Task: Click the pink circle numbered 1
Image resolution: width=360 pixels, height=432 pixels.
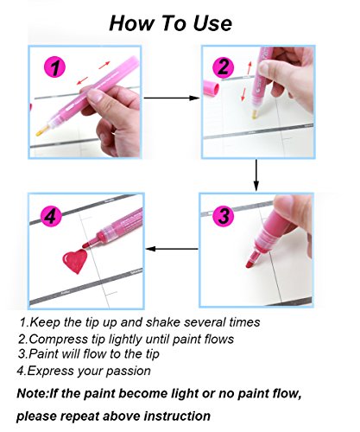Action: coord(54,67)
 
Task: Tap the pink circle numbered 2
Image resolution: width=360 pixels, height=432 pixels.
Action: coord(223,67)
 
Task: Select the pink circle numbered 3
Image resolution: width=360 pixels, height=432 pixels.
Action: coord(224,216)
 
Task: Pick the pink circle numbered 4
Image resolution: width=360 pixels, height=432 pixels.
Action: coord(51,216)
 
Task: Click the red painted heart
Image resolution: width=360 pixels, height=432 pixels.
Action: coord(75,261)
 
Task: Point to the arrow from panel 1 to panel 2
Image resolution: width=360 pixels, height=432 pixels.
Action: coord(172,98)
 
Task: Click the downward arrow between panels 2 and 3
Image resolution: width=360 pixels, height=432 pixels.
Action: coord(256,175)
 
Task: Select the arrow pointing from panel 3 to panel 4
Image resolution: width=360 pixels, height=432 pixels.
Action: coord(172,249)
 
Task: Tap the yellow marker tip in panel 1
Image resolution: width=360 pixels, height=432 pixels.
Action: coord(42,131)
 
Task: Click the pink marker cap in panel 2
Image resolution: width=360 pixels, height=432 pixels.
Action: coord(211,88)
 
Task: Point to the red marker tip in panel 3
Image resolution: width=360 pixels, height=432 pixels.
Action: coord(251,261)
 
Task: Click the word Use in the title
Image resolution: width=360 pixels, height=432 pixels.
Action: coord(212,23)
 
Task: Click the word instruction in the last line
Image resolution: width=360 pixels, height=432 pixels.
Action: coord(177,416)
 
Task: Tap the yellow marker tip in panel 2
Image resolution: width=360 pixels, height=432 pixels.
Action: coord(255,114)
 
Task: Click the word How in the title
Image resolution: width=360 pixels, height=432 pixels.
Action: coord(131,23)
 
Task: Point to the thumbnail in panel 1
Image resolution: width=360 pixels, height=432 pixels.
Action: coord(95,95)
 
